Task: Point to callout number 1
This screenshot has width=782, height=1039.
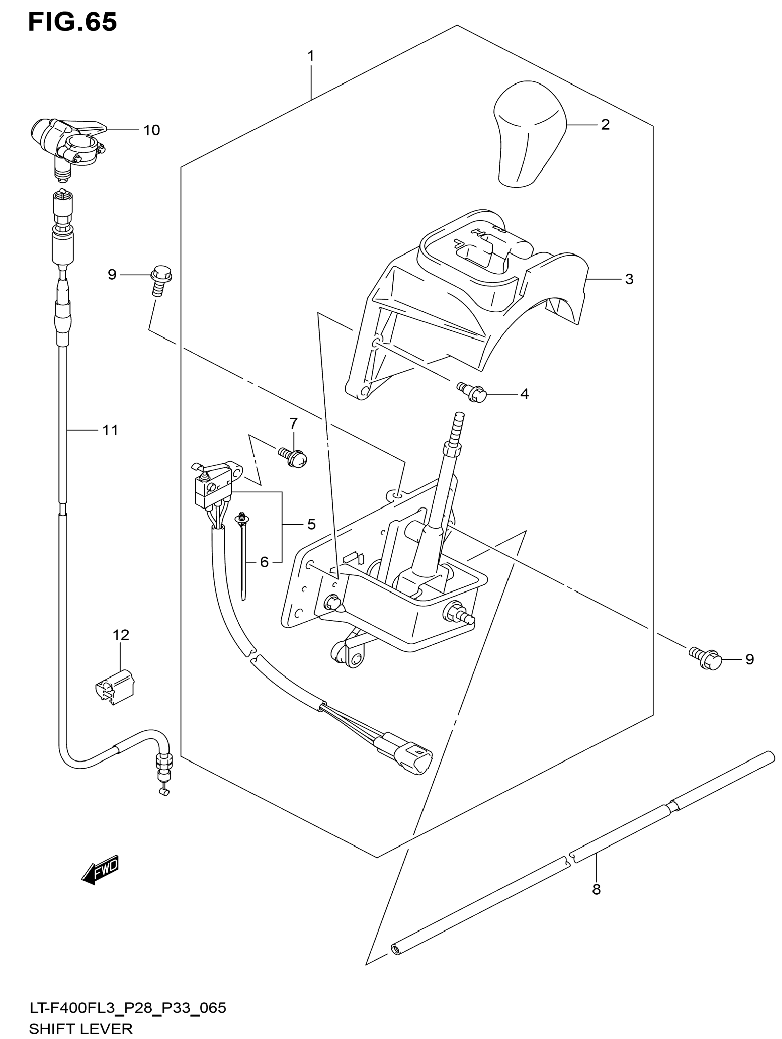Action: coord(310,56)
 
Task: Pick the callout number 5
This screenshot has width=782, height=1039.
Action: coord(311,524)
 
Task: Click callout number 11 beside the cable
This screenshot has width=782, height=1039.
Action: coord(110,430)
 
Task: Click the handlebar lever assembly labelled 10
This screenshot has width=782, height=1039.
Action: coord(68,143)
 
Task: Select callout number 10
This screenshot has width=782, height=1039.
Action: coord(151,130)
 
